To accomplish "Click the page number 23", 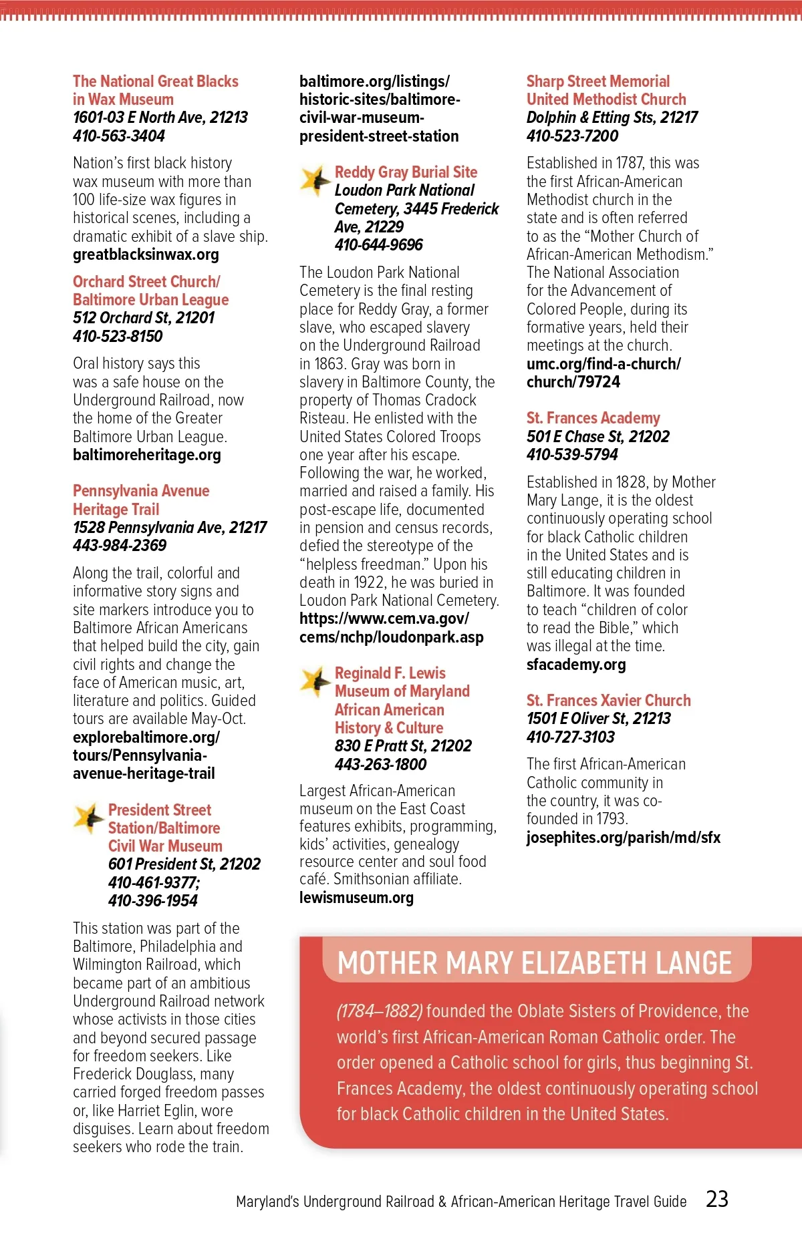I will click(717, 1199).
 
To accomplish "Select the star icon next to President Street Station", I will click(88, 818).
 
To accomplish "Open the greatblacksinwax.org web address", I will click(146, 254).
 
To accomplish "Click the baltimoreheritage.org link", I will click(146, 455).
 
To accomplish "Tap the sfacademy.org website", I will click(576, 665).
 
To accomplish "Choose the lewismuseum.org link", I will click(356, 898).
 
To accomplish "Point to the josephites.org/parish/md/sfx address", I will click(623, 838).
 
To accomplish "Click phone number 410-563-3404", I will click(119, 136).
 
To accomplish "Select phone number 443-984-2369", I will click(120, 545).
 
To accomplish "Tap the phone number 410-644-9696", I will click(378, 245).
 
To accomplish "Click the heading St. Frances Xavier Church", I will click(608, 700).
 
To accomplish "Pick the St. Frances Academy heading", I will click(593, 418).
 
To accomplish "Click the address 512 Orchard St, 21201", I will click(144, 318).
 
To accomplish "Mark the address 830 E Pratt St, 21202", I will click(403, 746).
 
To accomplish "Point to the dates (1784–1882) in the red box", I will click(379, 1011).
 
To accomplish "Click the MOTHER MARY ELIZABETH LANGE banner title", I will click(535, 963).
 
